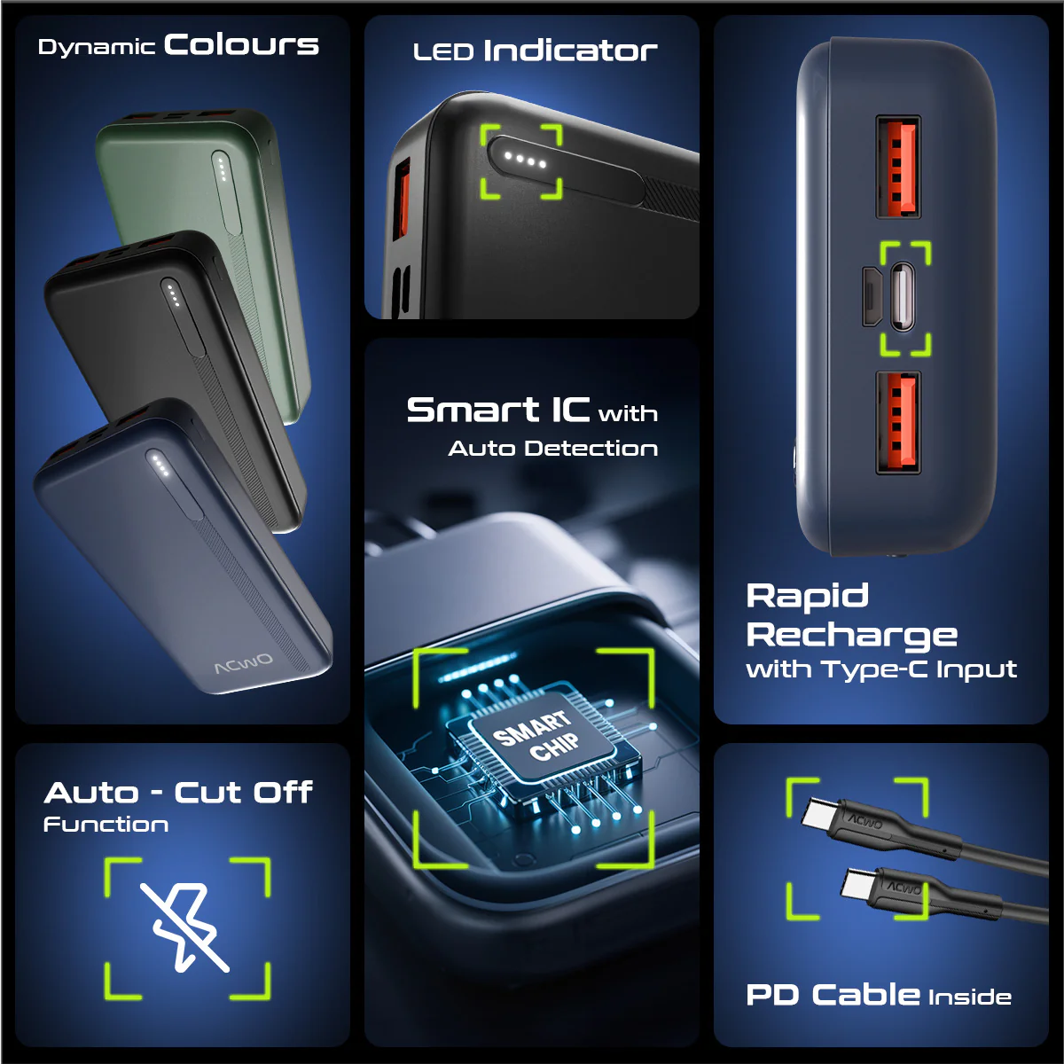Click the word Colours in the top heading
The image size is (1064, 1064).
[x=241, y=44]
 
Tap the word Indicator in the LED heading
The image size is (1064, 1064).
[x=570, y=51]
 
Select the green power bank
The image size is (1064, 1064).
[x=203, y=260]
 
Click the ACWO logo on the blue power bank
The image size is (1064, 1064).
[x=243, y=663]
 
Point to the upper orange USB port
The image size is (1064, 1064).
[x=898, y=166]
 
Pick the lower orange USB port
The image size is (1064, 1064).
[x=898, y=422]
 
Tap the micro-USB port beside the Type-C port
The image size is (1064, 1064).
[x=872, y=296]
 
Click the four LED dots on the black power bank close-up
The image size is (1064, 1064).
[x=525, y=160]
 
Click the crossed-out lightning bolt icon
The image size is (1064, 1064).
[x=184, y=927]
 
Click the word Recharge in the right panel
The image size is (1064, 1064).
[x=851, y=637]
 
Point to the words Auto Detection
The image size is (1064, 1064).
[x=552, y=449]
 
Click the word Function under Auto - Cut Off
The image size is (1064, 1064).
[x=106, y=825]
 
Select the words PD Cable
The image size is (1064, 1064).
[x=833, y=995]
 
